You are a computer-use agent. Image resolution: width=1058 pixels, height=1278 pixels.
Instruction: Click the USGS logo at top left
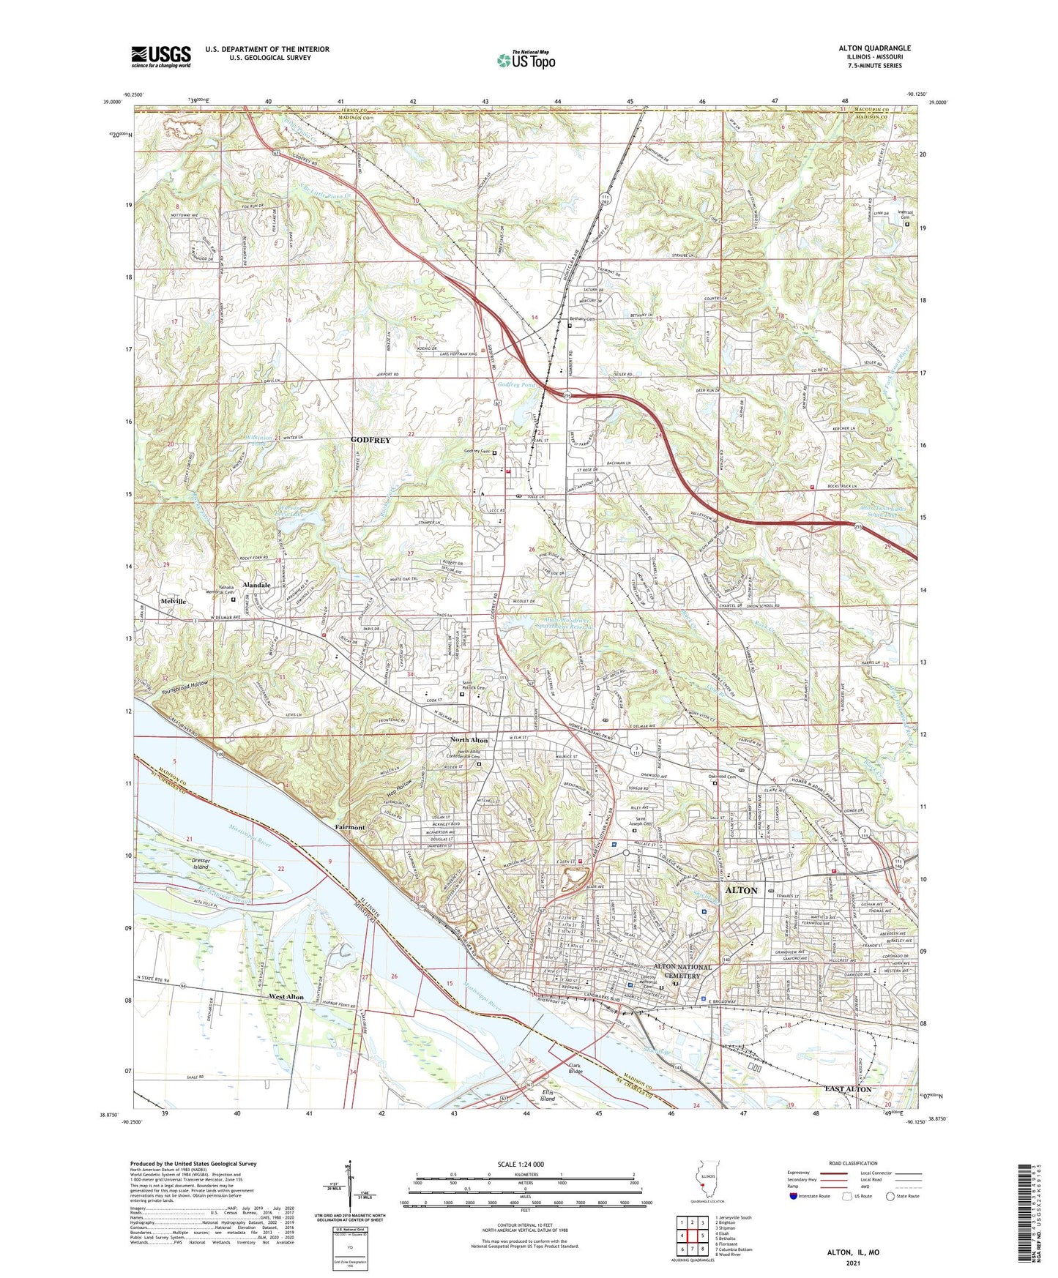click(160, 56)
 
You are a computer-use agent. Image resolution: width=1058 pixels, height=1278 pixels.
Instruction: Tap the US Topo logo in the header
click(526, 60)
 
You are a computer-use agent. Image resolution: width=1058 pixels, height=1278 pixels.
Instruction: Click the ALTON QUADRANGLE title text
click(874, 48)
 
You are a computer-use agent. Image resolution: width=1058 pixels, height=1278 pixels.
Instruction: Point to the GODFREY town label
click(370, 440)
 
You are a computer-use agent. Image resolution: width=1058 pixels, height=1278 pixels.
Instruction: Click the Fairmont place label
click(350, 826)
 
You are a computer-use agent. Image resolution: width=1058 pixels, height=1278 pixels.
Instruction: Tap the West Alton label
click(286, 997)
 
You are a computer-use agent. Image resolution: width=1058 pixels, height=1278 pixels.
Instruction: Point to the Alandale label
click(257, 586)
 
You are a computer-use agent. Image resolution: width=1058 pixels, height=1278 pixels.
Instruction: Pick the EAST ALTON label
click(848, 1089)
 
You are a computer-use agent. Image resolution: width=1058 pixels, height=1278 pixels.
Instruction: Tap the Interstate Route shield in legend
click(795, 1196)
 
